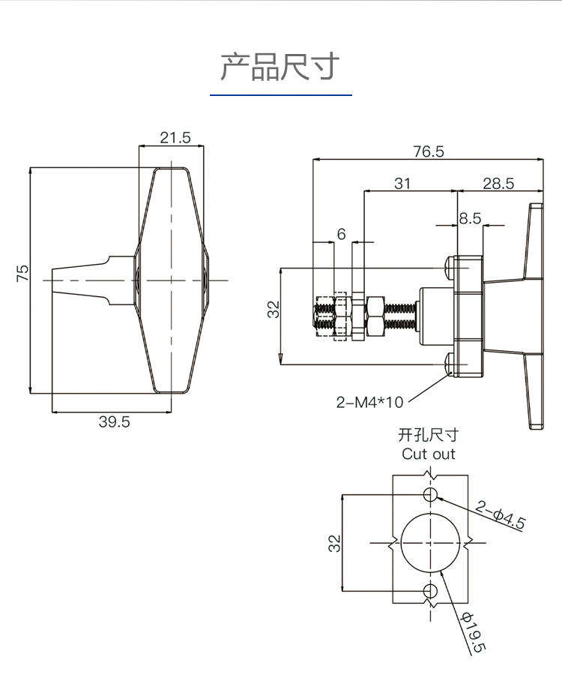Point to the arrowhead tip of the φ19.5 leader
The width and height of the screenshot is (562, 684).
coord(441,571)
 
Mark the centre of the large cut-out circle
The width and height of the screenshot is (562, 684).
coord(430,543)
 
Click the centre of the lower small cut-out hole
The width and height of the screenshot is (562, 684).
coord(430,591)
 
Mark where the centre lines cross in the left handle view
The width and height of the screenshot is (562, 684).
coord(171,280)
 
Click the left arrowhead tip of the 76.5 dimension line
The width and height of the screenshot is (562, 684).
coord(313,160)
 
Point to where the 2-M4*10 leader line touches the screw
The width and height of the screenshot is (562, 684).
coord(449,373)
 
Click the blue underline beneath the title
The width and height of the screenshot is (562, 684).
coord(281,94)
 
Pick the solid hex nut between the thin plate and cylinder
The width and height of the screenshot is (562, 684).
coord(375,316)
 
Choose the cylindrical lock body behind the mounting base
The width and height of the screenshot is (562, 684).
coord(437,316)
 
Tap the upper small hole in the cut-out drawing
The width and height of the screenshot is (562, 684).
coord(430,495)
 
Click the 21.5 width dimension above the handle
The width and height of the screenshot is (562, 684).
coord(175,137)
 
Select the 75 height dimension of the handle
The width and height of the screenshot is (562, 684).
coord(22,273)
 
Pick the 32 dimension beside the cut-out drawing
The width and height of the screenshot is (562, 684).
coord(334,544)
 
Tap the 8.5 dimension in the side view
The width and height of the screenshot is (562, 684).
coord(470,218)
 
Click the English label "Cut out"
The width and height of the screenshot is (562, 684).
coord(428,454)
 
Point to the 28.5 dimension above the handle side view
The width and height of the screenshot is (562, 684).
coord(498,184)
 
